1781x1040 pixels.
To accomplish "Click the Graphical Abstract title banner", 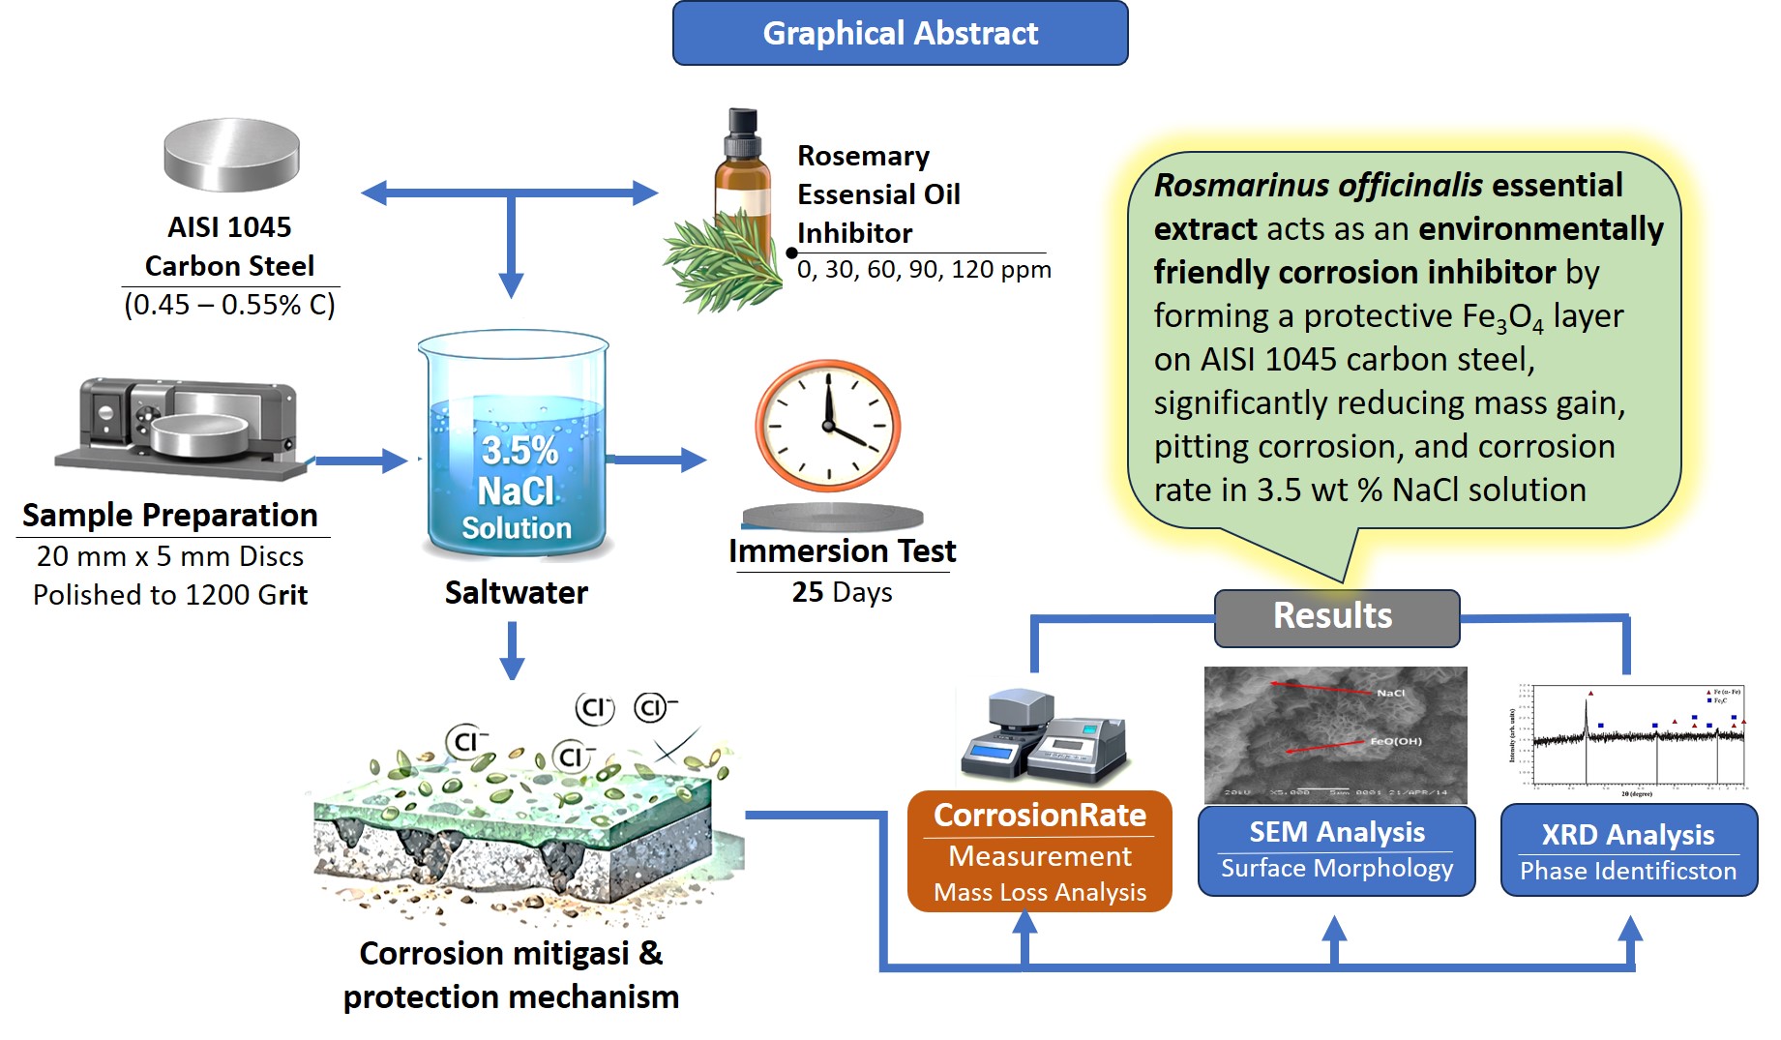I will tap(900, 33).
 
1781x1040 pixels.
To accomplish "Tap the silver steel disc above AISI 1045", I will tap(231, 155).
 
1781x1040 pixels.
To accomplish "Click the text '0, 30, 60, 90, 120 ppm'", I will tap(924, 270).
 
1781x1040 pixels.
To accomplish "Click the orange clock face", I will tap(828, 426).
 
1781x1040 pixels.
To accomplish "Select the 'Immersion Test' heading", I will tap(842, 551).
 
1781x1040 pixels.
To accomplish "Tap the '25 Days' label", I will tap(842, 592).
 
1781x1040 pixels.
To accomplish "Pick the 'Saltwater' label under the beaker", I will tap(516, 592).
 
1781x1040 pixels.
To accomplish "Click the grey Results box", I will tap(1336, 617).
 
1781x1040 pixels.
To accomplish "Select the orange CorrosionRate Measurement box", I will tap(1039, 851).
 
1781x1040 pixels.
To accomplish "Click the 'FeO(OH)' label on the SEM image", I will tap(1395, 741).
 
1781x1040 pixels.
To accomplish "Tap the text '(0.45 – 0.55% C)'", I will tap(229, 305).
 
